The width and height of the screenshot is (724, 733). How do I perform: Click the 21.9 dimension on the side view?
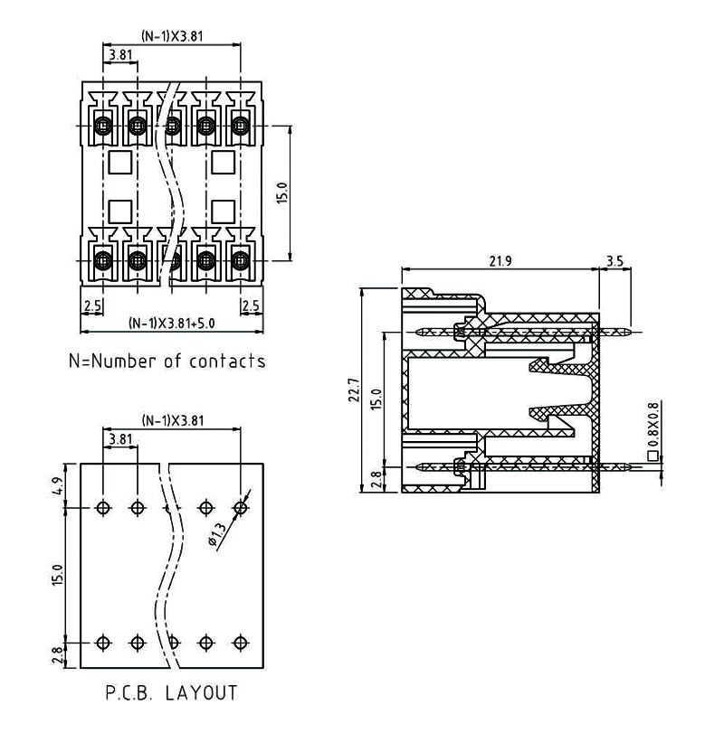pos(500,261)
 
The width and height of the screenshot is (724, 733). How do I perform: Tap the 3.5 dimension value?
pos(614,261)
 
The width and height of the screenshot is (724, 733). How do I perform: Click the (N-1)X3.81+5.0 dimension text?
pos(171,323)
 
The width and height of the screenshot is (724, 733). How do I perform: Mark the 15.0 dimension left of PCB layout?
pos(57,575)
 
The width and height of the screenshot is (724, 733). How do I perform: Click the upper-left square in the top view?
pos(119,163)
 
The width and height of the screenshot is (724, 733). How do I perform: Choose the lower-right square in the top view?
pos(223,211)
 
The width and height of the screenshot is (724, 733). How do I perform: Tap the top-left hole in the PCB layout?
pos(103,507)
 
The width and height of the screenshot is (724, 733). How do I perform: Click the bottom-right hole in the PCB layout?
pos(240,642)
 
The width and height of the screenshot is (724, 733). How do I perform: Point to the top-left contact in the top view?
pos(103,125)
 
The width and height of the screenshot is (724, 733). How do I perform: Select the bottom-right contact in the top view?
pos(240,261)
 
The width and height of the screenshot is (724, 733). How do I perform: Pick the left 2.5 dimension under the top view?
pos(91,306)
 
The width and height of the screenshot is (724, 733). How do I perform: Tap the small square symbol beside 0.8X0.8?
pos(653,456)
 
